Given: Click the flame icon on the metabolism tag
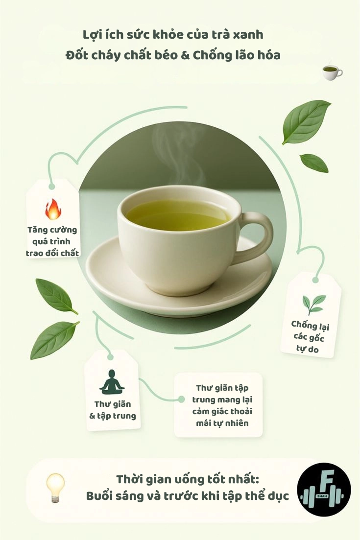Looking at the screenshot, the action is point(53,209).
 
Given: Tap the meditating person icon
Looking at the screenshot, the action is point(112,382).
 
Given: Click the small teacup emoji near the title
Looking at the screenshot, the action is point(332,72).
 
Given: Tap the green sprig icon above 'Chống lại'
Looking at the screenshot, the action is point(313,304).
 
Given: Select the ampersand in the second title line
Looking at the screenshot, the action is point(185,55).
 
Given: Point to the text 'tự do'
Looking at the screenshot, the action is point(307,349).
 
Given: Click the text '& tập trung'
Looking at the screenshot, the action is point(113,416).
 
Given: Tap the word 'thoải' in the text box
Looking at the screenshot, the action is point(241,411).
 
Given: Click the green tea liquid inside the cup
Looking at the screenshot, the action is point(178,215).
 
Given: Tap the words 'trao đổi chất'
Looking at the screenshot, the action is point(52,253).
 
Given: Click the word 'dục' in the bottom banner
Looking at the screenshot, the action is point(278,497).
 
